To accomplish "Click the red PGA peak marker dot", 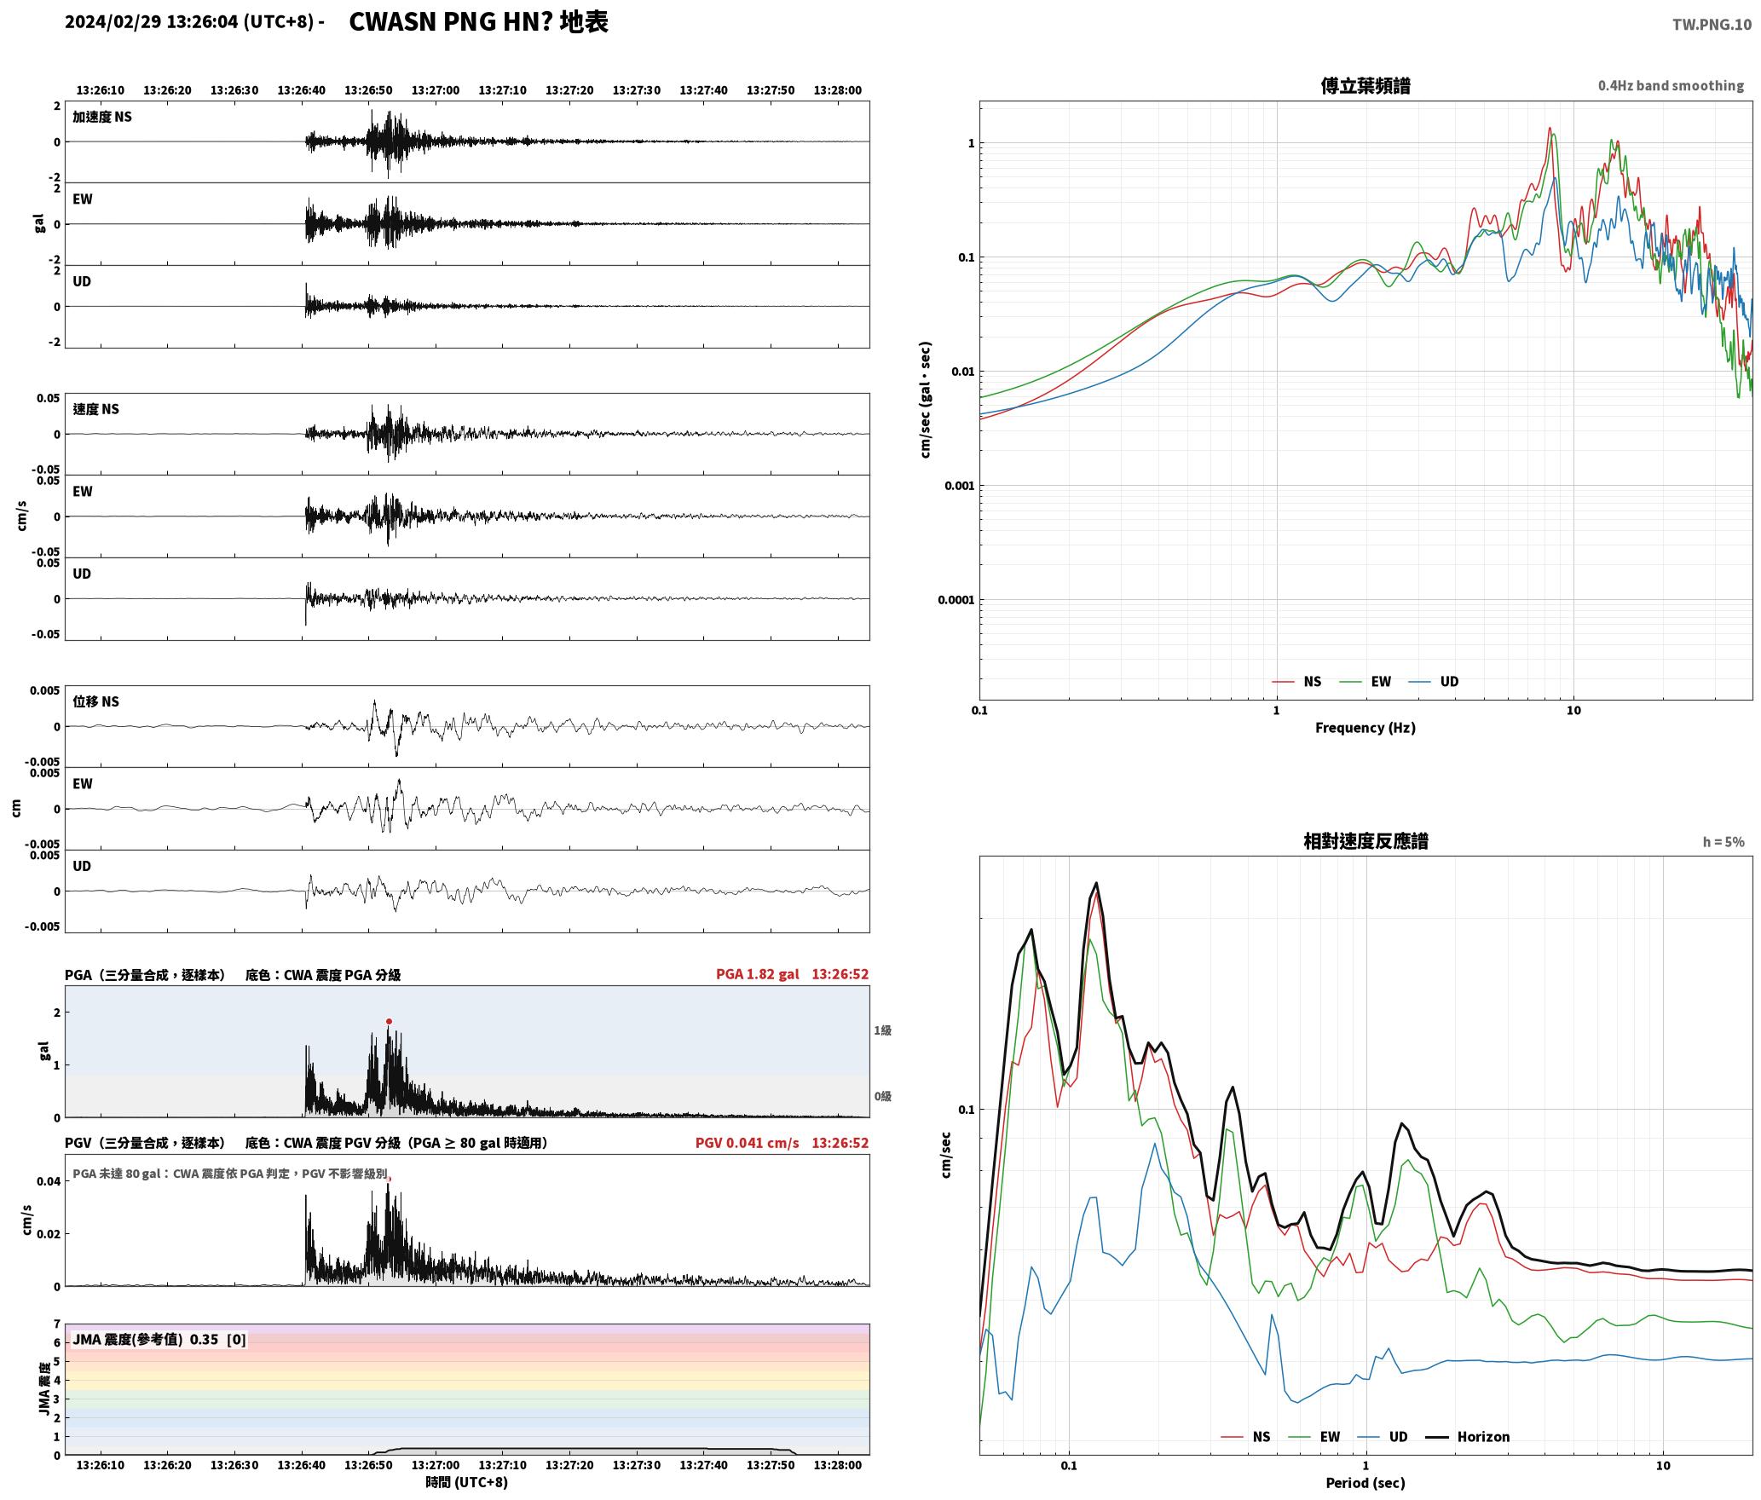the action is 389,1021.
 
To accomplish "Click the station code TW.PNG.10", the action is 1712,25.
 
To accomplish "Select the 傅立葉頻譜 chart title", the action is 1365,85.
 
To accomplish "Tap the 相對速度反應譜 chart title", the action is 1365,841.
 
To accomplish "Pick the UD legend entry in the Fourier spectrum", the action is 1434,681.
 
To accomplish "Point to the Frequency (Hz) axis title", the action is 1365,727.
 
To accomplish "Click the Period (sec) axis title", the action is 1365,1482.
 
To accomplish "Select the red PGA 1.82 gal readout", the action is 757,974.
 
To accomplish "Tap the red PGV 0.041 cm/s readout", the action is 747,1143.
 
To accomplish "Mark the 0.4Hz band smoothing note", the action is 1671,85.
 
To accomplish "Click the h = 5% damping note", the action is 1723,842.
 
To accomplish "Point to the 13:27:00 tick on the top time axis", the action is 435,89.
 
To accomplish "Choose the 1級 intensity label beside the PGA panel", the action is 882,1030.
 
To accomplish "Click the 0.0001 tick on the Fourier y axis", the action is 956,600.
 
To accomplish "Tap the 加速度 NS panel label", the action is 102,117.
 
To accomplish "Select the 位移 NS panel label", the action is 95,701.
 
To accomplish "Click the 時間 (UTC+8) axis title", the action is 467,1482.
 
